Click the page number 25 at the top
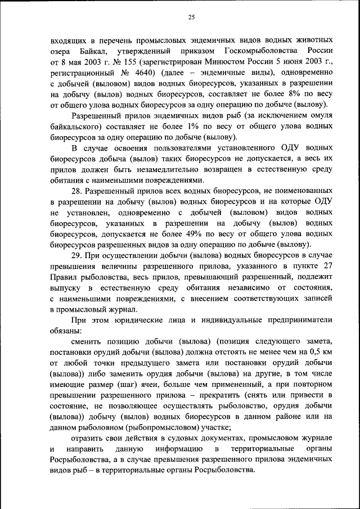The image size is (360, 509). (191, 17)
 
